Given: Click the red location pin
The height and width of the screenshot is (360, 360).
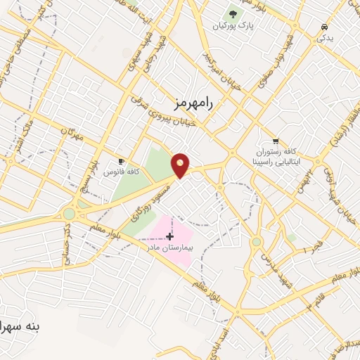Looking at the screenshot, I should click(181, 165).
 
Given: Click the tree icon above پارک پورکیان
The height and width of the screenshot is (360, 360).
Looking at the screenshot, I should click(233, 13).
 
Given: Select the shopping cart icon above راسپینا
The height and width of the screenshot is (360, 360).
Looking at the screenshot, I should click(276, 141).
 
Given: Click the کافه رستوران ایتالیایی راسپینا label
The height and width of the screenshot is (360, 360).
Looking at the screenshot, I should click(276, 156).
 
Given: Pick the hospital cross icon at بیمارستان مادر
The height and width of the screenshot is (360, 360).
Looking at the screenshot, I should click(169, 236).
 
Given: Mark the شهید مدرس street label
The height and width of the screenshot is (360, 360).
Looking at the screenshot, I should click(271, 266).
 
